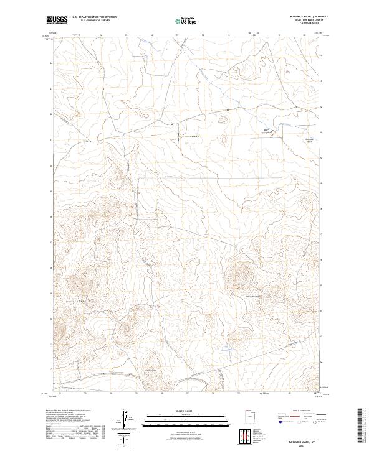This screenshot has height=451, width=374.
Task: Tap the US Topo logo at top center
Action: [x=186, y=21]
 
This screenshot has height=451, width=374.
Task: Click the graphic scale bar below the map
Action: [x=186, y=418]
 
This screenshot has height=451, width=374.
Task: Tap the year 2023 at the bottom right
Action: [x=311, y=445]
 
